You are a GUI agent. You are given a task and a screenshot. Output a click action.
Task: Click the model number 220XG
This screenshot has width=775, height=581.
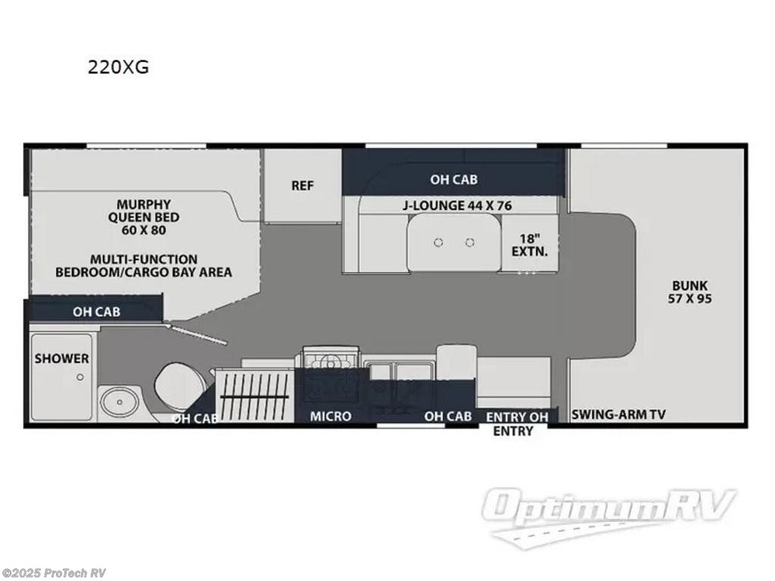click(118, 67)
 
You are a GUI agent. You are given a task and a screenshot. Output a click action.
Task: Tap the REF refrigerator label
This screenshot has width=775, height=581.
click(303, 185)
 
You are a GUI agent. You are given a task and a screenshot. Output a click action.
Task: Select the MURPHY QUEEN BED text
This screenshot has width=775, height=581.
click(143, 216)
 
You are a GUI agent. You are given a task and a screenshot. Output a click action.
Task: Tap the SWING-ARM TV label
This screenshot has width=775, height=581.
click(618, 414)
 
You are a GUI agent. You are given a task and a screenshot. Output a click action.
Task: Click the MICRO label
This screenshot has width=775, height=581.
click(331, 416)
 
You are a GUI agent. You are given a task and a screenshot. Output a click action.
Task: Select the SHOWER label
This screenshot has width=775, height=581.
click(61, 359)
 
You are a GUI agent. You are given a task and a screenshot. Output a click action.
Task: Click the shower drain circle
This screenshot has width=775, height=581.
click(81, 377)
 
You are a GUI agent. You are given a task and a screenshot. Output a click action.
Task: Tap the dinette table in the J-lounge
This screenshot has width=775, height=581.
click(453, 242)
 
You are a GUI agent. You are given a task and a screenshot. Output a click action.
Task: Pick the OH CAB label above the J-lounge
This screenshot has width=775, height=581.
click(453, 179)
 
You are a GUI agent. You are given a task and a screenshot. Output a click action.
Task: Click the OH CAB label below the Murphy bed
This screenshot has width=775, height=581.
click(96, 311)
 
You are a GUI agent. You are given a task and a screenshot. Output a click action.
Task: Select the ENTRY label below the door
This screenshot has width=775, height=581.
click(513, 431)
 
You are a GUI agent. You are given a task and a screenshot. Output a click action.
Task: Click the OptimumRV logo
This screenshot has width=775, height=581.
click(608, 513)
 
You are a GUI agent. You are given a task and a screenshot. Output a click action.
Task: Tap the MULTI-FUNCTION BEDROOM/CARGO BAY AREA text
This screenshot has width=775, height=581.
click(143, 266)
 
